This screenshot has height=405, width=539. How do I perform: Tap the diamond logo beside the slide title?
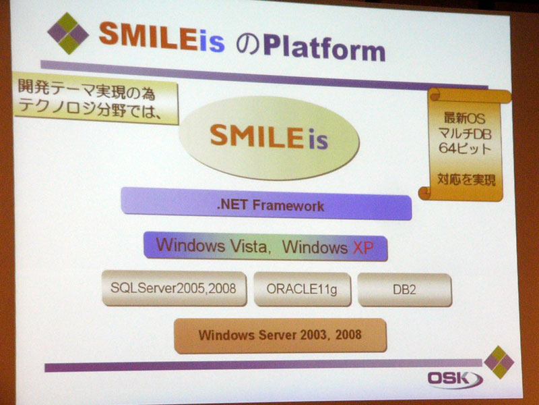68,33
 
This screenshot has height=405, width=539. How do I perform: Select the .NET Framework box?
266,205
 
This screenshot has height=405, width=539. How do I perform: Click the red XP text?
363,248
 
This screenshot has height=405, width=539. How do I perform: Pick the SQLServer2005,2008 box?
175,289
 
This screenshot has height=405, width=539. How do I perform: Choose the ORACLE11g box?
303,290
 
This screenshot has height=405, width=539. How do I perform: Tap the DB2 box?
405,290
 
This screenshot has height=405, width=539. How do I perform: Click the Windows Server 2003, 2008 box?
280,335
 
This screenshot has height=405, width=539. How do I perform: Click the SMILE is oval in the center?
269,138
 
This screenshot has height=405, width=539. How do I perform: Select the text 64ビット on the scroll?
465,148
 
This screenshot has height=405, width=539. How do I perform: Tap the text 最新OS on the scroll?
464,118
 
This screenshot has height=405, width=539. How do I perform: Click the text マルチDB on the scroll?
465,134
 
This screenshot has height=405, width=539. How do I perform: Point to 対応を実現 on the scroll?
466,180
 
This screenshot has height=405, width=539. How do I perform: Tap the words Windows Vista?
211,245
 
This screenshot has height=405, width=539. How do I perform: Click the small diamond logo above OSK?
499,362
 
